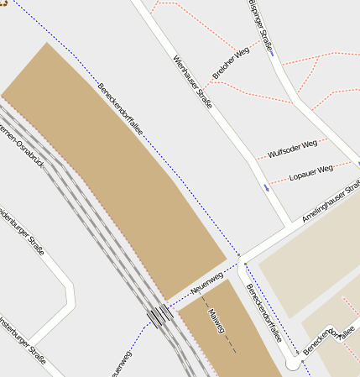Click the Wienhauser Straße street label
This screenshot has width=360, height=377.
pyautogui.click(x=191, y=81)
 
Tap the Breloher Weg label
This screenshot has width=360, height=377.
pyautogui.click(x=231, y=63)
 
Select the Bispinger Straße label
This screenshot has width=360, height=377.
pyautogui.click(x=262, y=26)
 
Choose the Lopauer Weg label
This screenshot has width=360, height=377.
pyautogui.click(x=310, y=173)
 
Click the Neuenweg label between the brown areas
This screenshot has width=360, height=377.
pyautogui.click(x=206, y=282)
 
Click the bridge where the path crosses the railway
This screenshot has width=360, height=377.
pyautogui.click(x=159, y=316)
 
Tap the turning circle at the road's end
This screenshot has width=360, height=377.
pyautogui.click(x=292, y=364)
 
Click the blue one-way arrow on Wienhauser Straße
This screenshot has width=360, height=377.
pyautogui.click(x=266, y=186)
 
